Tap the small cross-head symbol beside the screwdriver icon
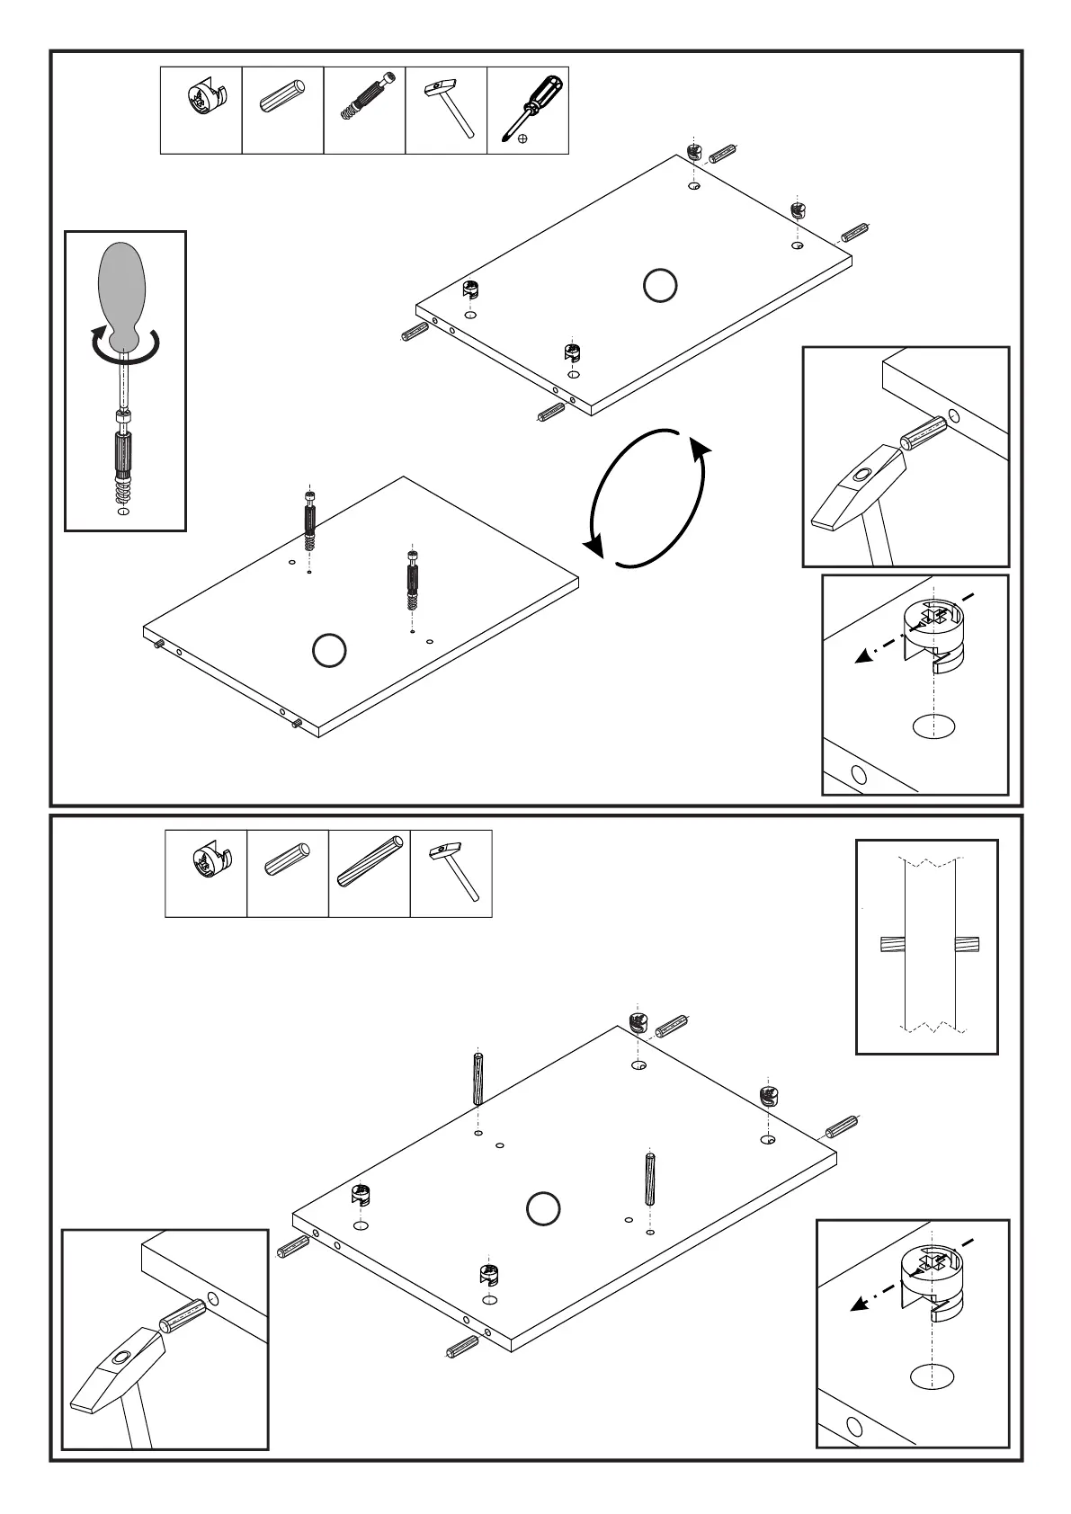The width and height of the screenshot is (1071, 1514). click(x=524, y=139)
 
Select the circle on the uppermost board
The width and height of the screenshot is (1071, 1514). click(x=660, y=286)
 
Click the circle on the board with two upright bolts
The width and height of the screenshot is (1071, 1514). click(x=329, y=651)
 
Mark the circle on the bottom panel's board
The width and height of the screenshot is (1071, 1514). click(x=542, y=1208)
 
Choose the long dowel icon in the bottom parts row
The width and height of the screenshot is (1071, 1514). click(x=370, y=862)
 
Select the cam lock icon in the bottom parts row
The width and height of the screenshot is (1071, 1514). click(x=210, y=865)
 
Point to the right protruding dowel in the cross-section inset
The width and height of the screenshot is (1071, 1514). click(x=967, y=945)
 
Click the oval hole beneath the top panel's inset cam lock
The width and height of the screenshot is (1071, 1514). click(x=933, y=726)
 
